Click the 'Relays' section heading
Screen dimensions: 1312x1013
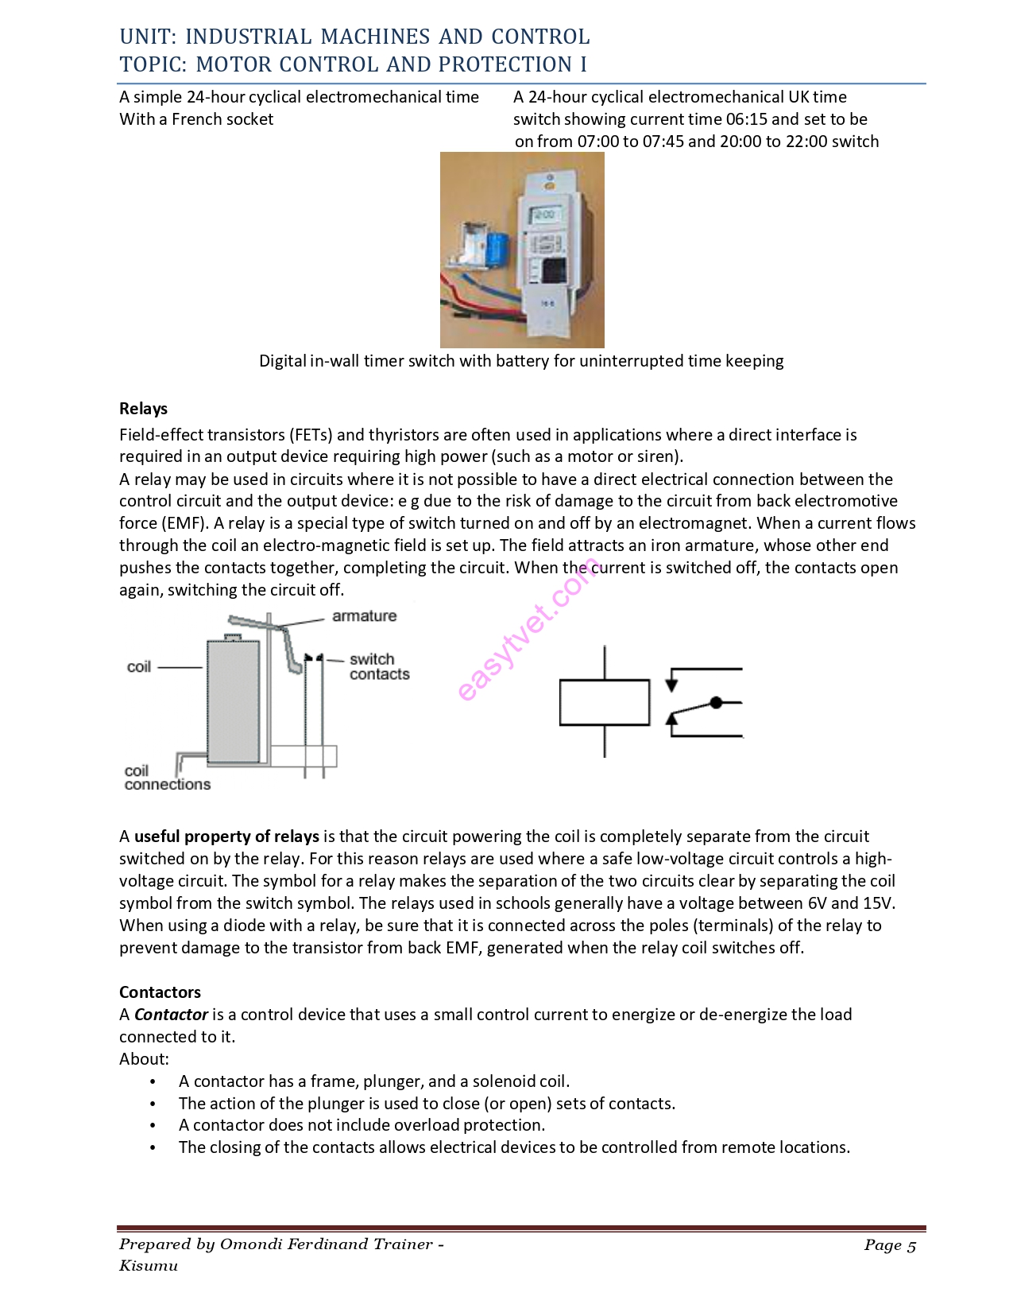click(143, 409)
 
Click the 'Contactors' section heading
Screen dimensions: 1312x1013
click(160, 992)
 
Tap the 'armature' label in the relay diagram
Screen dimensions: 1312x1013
click(364, 615)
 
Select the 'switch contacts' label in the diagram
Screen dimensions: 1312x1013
click(378, 666)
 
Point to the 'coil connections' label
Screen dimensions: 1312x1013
click(166, 778)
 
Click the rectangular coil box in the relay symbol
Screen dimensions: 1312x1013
click(604, 702)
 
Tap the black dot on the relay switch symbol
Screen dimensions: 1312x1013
click(716, 702)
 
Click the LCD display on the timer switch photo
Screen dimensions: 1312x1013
click(546, 215)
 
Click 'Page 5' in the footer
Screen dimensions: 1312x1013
click(890, 1245)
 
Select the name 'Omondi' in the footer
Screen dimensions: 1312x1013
click(249, 1244)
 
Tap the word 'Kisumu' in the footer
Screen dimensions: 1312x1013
click(149, 1265)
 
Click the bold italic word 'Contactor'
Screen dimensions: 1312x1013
click(171, 1014)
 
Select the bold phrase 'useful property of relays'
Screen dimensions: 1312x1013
click(226, 836)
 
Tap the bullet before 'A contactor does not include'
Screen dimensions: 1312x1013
click(153, 1125)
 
